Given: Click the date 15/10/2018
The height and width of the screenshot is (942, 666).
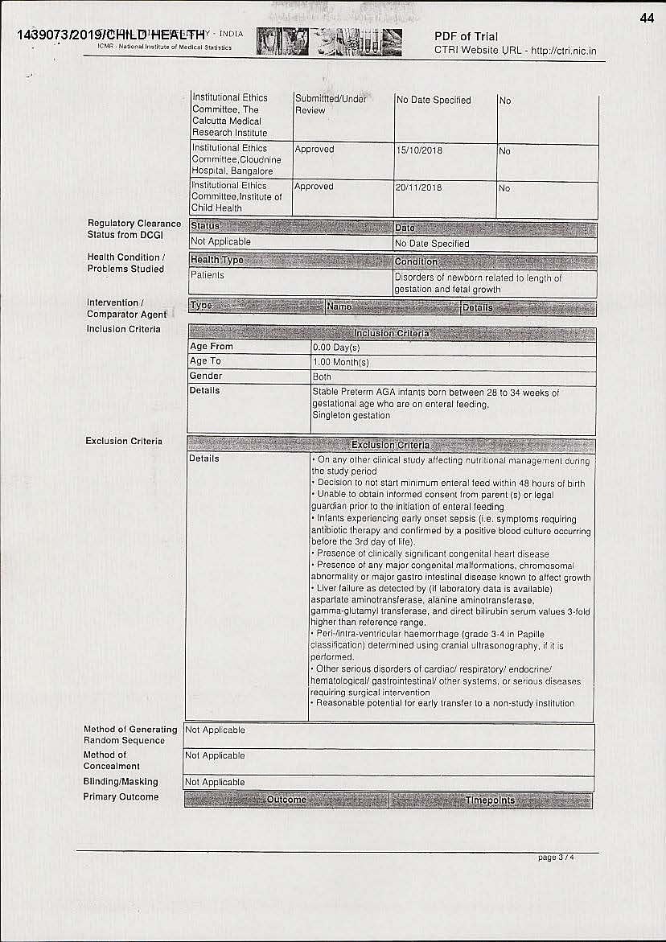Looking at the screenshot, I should [418, 150].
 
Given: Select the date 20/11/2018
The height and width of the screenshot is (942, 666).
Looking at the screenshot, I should [418, 187].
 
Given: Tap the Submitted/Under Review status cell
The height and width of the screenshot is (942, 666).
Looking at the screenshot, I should [331, 105].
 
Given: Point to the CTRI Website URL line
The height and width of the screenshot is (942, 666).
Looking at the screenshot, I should [515, 51].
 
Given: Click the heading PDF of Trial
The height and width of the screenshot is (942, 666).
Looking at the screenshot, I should [466, 36].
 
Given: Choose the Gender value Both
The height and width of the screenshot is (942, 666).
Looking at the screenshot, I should [322, 376].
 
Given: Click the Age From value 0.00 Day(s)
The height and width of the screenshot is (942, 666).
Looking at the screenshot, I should [336, 348].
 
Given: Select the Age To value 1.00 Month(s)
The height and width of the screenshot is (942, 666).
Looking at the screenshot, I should [341, 362].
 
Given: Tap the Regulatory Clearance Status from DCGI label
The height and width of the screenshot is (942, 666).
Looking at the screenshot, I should [134, 229].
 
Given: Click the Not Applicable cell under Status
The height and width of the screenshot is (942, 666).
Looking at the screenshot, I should [220, 241].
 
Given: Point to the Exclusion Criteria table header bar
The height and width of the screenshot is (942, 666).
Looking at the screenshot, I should [391, 445].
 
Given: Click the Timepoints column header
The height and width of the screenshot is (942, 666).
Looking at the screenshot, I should [490, 800].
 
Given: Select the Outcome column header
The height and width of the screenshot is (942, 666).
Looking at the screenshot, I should [286, 800].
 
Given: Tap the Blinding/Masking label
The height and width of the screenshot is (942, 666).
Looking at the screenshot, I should [121, 782].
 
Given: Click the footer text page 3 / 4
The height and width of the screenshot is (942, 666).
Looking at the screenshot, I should [557, 858].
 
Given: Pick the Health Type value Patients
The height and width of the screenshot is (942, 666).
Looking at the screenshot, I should [208, 275].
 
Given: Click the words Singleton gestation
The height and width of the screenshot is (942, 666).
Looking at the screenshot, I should [351, 415].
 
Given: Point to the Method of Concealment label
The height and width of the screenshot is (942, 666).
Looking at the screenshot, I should [112, 760].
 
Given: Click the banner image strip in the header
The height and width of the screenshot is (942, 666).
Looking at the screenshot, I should [330, 40].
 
